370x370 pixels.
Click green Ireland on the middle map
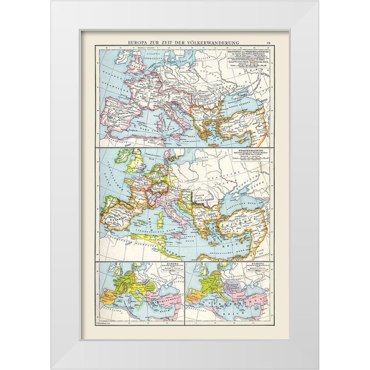tap(121, 156)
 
